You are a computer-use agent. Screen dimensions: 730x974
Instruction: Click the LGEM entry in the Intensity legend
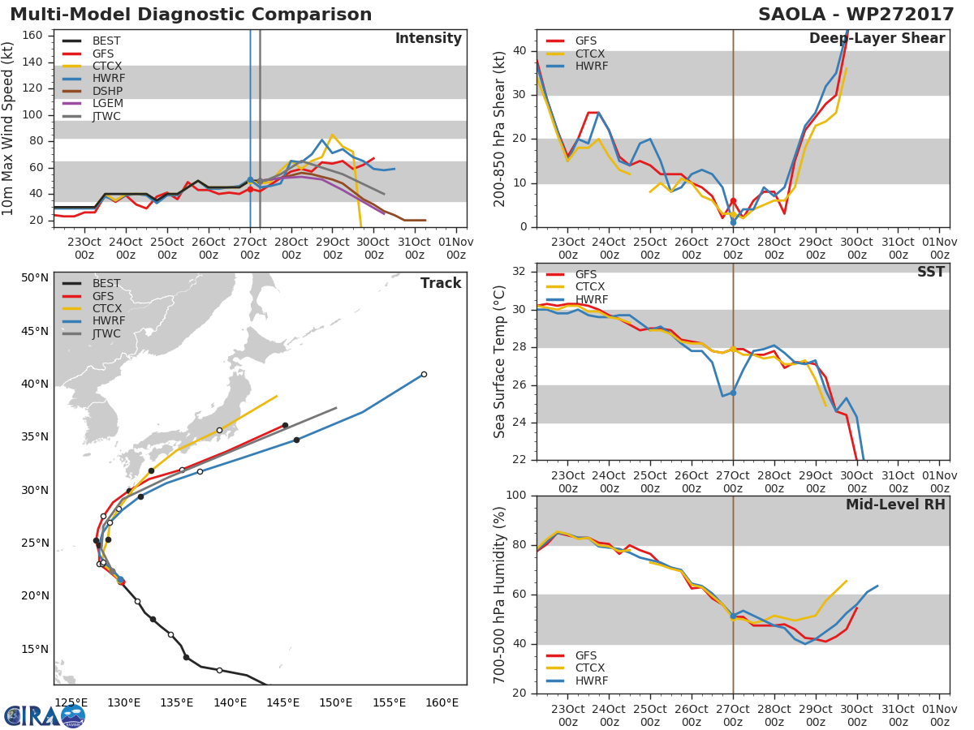[108, 104]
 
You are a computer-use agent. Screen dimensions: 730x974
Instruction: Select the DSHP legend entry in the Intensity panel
[108, 91]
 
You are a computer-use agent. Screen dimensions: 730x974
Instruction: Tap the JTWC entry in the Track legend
[106, 334]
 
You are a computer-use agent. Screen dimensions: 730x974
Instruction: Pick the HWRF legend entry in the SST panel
[590, 300]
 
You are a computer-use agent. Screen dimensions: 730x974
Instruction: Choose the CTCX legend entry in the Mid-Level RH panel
[590, 668]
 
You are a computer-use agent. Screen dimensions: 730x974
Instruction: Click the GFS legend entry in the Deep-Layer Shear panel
[585, 41]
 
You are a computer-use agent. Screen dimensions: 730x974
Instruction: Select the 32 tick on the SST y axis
[519, 272]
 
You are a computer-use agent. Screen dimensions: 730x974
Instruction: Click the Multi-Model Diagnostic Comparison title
[191, 15]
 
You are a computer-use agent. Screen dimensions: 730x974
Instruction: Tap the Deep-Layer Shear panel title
[877, 39]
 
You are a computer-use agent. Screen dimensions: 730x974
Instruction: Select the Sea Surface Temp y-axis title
[500, 362]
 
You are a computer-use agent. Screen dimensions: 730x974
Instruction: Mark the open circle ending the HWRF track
[424, 374]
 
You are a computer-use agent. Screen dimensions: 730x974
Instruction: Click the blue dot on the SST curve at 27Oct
[733, 393]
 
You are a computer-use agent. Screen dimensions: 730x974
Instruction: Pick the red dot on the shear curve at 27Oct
[733, 201]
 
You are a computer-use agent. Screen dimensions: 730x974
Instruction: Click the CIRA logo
[45, 715]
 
